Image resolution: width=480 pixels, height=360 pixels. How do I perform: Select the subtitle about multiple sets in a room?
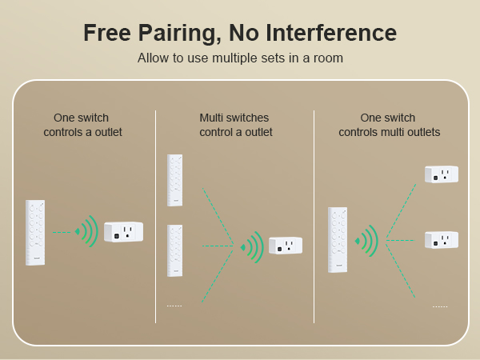point(240,58)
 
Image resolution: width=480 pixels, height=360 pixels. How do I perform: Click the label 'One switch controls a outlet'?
point(82,125)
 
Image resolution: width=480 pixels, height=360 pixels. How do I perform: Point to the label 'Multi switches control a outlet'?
point(235,125)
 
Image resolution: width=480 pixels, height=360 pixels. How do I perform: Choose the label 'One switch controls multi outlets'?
point(389,125)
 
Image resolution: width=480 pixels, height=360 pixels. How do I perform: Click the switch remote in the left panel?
point(34,232)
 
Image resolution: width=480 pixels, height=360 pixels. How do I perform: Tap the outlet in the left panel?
point(123,232)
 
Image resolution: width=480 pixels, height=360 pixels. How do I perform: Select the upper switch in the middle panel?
point(174,180)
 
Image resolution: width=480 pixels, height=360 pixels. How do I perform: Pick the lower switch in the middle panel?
point(174,250)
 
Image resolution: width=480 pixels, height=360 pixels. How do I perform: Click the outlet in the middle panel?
point(285,246)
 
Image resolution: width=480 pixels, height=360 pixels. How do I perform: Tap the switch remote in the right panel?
point(338,239)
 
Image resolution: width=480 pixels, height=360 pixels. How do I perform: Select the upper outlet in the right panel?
point(441,174)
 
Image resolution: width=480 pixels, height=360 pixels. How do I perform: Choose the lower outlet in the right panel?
point(441,239)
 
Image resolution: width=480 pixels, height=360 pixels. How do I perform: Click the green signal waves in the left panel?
point(86,232)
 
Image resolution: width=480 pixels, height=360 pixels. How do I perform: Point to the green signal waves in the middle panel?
point(252,246)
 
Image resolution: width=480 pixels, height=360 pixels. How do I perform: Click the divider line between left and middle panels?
point(155,216)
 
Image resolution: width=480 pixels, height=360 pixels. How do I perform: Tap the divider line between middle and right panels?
point(314,216)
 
